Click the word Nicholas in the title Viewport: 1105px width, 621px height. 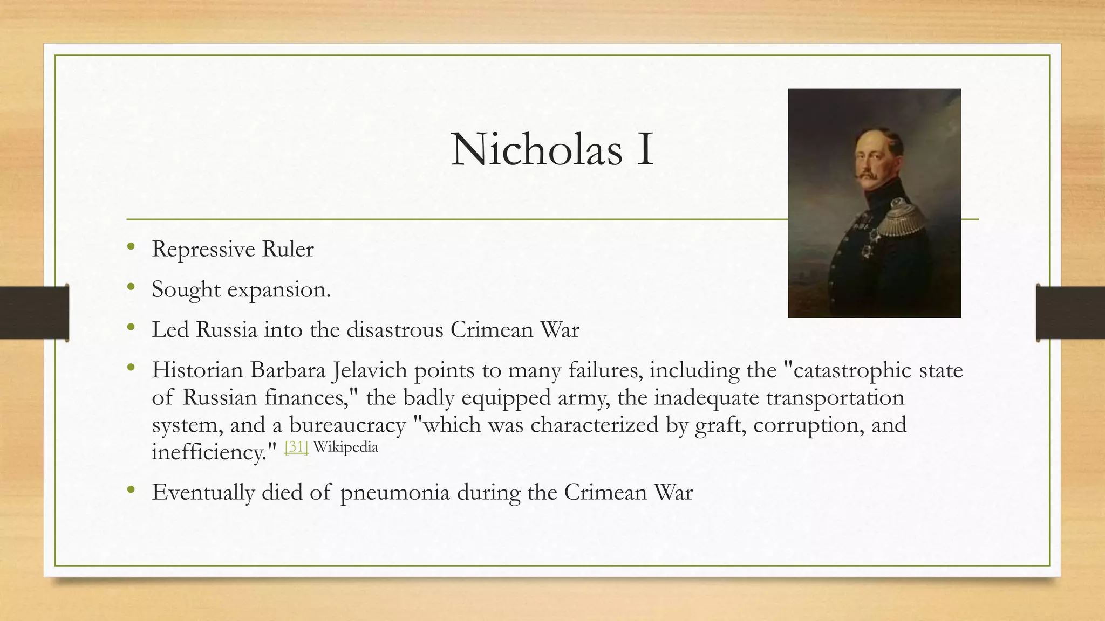[x=536, y=149]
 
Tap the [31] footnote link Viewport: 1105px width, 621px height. [x=296, y=447]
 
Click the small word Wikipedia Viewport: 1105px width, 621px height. [x=345, y=447]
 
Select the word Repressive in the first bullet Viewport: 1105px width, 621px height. [x=203, y=250]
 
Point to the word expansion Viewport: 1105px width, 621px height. [x=278, y=290]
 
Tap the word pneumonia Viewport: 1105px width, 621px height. [x=395, y=493]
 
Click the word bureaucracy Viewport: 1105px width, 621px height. [x=347, y=425]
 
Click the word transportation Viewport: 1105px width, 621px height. [x=835, y=398]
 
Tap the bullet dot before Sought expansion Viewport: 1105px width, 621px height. [x=131, y=287]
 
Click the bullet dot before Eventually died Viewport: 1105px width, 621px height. [x=131, y=490]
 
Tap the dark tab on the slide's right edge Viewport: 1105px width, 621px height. [x=1070, y=313]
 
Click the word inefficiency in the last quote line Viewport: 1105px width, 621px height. [x=209, y=452]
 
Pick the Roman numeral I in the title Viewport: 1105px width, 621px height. [x=645, y=149]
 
